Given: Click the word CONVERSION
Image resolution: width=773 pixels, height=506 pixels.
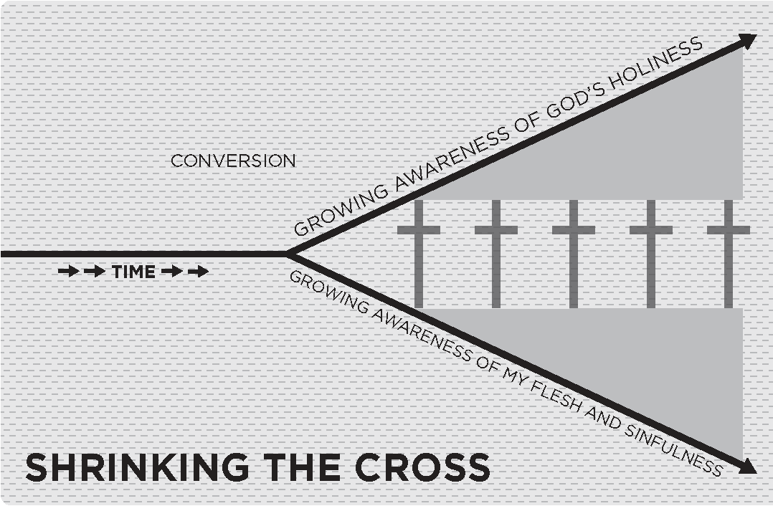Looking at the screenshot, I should click(233, 161).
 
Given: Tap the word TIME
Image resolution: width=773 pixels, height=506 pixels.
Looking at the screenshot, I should click(133, 272).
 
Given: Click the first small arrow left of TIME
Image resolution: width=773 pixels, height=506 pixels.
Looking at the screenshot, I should click(69, 272).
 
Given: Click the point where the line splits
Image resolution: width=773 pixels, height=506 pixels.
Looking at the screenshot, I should click(288, 254).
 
